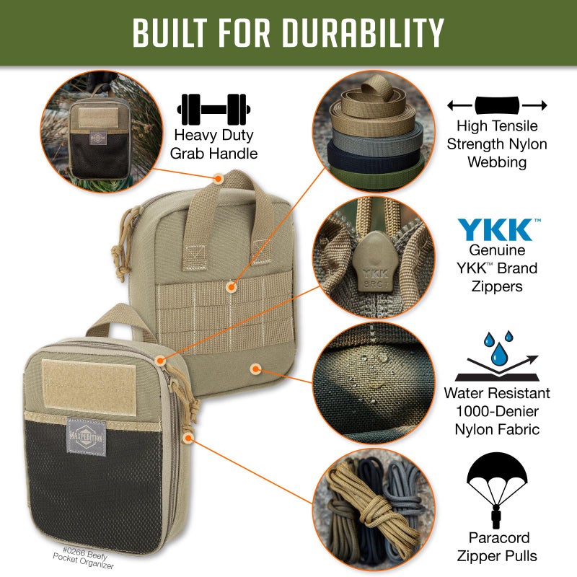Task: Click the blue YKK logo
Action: click(496, 230)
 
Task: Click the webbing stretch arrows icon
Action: click(496, 105)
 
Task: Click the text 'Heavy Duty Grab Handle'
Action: click(213, 144)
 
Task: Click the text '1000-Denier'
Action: click(497, 412)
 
